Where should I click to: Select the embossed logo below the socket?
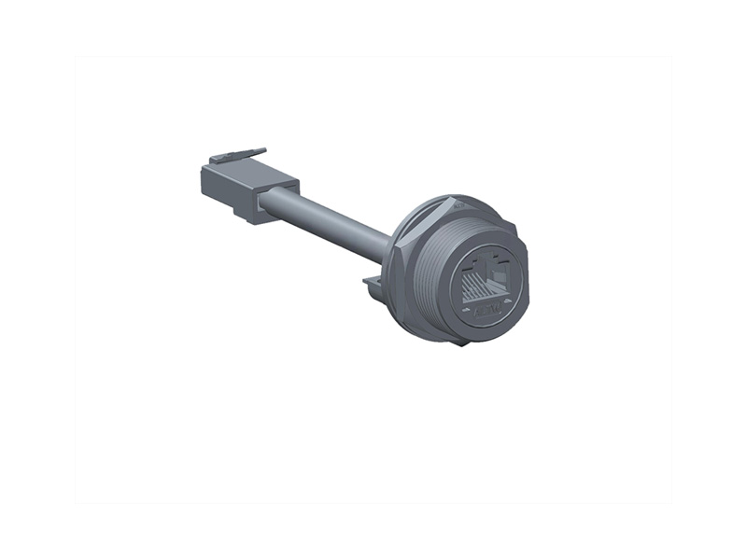[x=486, y=308]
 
